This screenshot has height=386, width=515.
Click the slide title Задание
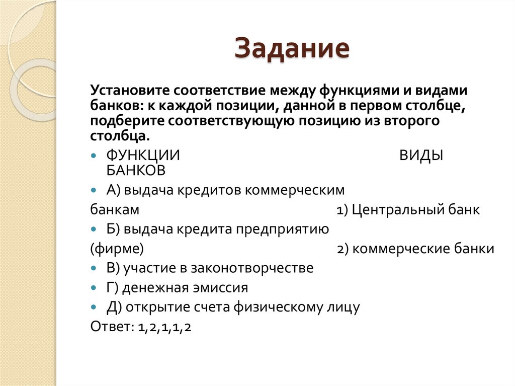tap(292, 49)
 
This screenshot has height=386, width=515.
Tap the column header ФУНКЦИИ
tap(143, 156)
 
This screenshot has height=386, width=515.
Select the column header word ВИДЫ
tap(421, 156)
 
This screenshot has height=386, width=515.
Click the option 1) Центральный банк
tap(408, 210)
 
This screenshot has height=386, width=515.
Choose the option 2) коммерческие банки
tap(415, 249)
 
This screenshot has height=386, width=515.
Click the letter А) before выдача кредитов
tap(112, 190)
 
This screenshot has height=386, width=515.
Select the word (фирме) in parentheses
tap(117, 249)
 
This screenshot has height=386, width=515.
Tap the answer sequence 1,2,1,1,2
tap(165, 327)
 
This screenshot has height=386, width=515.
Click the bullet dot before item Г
tap(94, 288)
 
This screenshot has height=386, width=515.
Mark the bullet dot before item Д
tap(94, 307)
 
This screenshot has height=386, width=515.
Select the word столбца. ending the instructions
tap(120, 136)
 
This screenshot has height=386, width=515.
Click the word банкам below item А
tap(115, 210)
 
